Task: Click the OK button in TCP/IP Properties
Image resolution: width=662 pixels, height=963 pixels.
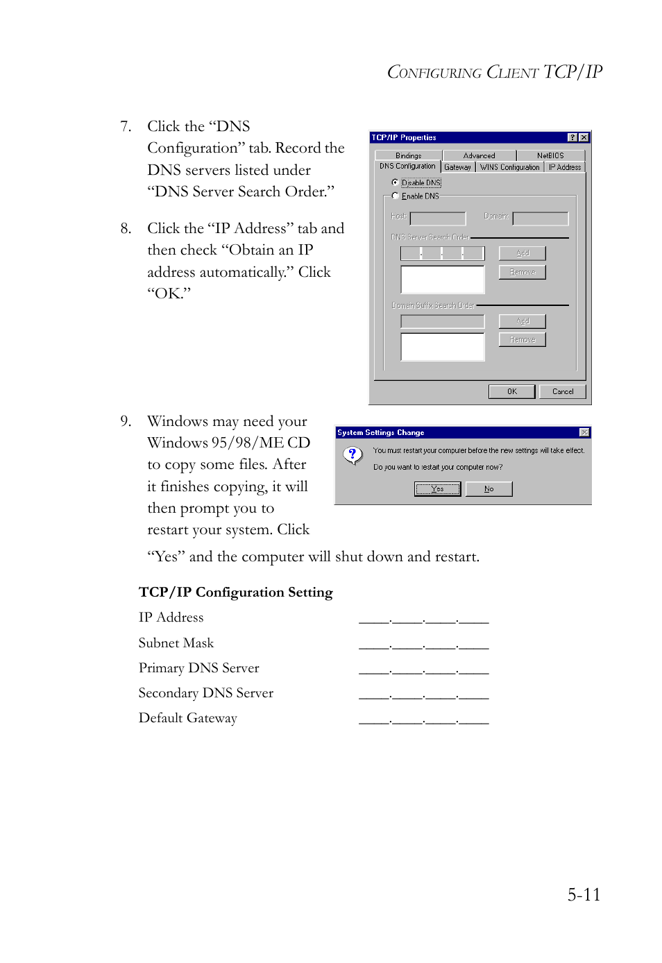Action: [x=511, y=391]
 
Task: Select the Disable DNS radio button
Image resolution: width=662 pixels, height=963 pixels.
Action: [x=395, y=182]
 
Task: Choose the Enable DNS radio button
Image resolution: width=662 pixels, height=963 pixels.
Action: [x=395, y=196]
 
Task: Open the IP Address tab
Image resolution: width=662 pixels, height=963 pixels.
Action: [x=564, y=167]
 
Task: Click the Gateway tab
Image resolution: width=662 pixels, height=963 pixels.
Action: [x=457, y=167]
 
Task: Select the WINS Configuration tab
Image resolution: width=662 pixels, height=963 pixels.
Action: [x=509, y=167]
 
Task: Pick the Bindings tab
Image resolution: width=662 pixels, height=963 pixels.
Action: [x=408, y=155]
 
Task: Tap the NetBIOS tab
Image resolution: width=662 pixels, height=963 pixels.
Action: [x=550, y=155]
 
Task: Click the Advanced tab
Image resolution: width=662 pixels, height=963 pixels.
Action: [x=479, y=155]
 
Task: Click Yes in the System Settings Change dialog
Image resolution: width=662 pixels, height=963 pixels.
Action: [x=437, y=489]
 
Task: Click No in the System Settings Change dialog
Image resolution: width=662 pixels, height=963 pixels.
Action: [x=489, y=489]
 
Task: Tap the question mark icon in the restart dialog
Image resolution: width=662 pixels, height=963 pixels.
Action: [x=353, y=455]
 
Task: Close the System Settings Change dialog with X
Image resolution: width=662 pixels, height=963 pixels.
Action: [x=584, y=432]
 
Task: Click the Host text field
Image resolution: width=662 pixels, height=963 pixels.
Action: [x=437, y=219]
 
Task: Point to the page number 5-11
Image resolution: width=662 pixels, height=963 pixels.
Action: [x=584, y=894]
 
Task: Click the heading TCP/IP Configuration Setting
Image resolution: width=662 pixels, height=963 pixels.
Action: [x=235, y=592]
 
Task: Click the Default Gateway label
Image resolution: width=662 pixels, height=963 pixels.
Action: [x=187, y=718]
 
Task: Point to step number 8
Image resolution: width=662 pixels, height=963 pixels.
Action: [x=126, y=228]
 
